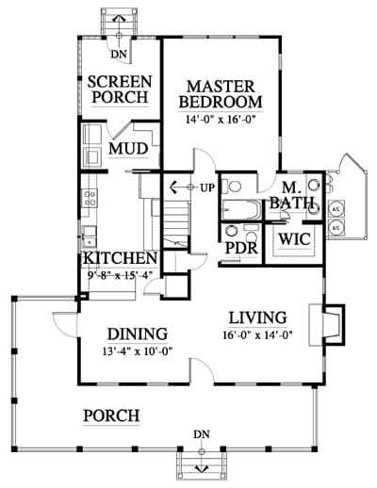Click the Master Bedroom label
(221, 94)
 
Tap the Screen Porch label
(120, 89)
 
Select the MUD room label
(128, 149)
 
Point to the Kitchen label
(120, 258)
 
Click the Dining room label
(138, 334)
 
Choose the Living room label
(257, 317)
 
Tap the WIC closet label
(294, 239)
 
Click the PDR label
(241, 248)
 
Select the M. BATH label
(292, 195)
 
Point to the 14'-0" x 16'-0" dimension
(220, 120)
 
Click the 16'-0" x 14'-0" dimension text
(257, 335)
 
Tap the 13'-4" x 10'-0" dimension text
(138, 351)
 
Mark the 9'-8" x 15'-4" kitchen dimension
(120, 275)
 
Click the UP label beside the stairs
(207, 187)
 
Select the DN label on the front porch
(202, 434)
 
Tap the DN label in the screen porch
(119, 55)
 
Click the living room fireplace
(327, 325)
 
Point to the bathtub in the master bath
(241, 209)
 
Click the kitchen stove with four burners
(90, 198)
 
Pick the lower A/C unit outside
(336, 227)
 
